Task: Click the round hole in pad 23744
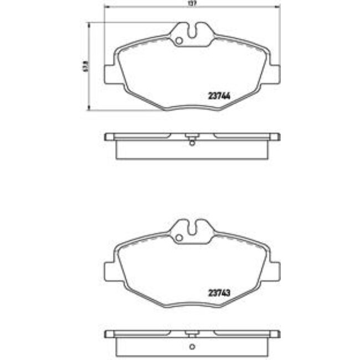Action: pos(178,40)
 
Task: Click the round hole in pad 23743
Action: pos(178,239)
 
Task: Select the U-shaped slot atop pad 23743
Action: pos(192,229)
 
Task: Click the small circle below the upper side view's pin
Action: pos(192,145)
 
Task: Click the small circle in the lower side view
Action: pos(192,347)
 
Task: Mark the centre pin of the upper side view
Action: pos(192,137)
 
